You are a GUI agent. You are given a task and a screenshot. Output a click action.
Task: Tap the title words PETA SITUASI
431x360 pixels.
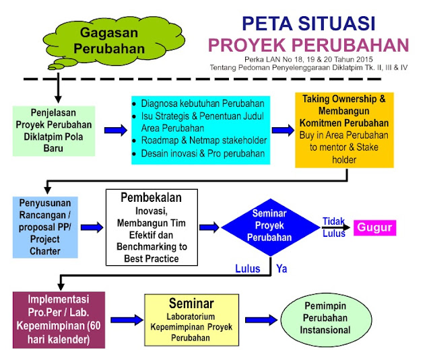(307, 24)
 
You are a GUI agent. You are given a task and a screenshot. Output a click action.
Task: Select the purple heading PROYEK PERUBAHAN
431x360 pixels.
(308, 45)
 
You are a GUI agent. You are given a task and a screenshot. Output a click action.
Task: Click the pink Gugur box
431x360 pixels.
(374, 227)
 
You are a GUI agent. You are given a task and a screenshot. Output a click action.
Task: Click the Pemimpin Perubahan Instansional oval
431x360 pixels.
(326, 319)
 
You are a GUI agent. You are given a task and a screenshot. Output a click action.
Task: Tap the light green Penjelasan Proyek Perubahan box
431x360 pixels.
(56, 129)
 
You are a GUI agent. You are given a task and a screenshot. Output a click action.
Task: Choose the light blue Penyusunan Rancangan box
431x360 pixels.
(44, 226)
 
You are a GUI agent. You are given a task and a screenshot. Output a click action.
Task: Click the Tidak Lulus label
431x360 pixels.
(335, 226)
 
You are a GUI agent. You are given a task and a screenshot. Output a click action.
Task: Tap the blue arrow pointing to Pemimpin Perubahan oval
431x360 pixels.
(259, 319)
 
